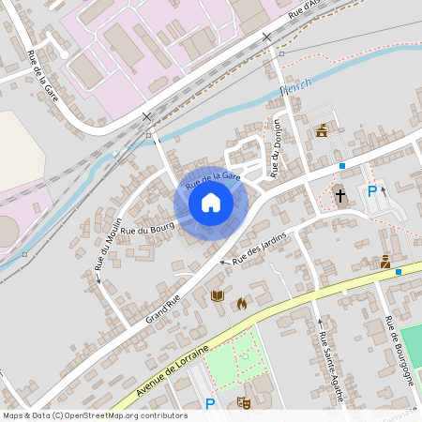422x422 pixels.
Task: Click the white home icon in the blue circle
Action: pyautogui.click(x=211, y=202)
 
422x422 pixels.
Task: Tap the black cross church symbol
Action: pyautogui.click(x=340, y=197)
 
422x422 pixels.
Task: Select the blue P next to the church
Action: pyautogui.click(x=372, y=191)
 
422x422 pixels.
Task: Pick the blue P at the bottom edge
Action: pyautogui.click(x=210, y=404)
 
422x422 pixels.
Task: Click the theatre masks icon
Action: pyautogui.click(x=244, y=402)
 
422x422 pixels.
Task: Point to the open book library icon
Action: pyautogui.click(x=218, y=295)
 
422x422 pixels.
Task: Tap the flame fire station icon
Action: pyautogui.click(x=241, y=303)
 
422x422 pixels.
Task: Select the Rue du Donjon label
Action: pyautogui.click(x=276, y=147)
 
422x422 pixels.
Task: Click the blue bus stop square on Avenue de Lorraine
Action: pyautogui.click(x=399, y=272)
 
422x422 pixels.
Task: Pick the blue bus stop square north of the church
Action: pyautogui.click(x=342, y=165)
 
